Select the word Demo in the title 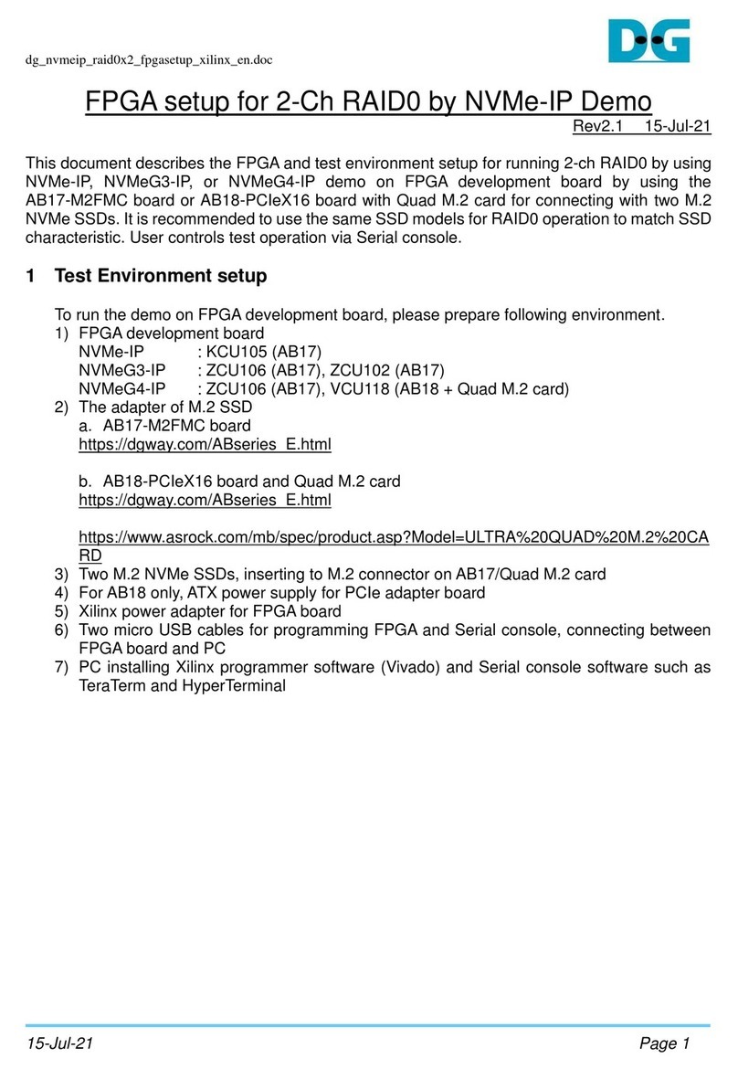[617, 102]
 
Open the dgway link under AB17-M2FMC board [205, 445]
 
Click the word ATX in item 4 [206, 593]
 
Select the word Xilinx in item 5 [102, 611]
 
